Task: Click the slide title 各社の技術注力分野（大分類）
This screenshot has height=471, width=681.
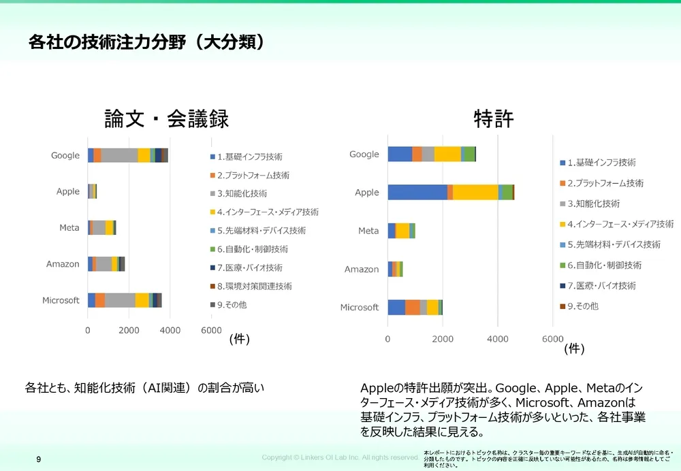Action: coord(146,42)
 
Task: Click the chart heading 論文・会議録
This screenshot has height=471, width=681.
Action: coord(166,119)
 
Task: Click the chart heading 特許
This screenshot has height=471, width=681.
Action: coord(493,119)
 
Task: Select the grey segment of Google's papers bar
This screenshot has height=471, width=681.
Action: coord(119,156)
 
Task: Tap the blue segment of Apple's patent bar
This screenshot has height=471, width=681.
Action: coord(417,193)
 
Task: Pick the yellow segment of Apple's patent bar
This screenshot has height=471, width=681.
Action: coord(475,193)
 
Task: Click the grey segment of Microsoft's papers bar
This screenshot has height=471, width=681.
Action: coord(120,300)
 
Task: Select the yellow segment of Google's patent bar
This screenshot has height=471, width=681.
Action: coord(447,155)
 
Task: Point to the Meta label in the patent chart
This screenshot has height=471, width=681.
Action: coord(368,231)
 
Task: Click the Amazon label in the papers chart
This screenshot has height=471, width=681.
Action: coord(63,264)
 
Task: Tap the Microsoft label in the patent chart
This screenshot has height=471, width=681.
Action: coord(359,308)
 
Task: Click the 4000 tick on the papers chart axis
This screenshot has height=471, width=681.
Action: coord(170,330)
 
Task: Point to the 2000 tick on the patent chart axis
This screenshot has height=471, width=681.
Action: coord(443,338)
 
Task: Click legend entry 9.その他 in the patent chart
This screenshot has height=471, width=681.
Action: coord(582,306)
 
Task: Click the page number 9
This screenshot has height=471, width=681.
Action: coord(38,460)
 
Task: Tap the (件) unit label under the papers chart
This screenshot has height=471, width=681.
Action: coord(239,340)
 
